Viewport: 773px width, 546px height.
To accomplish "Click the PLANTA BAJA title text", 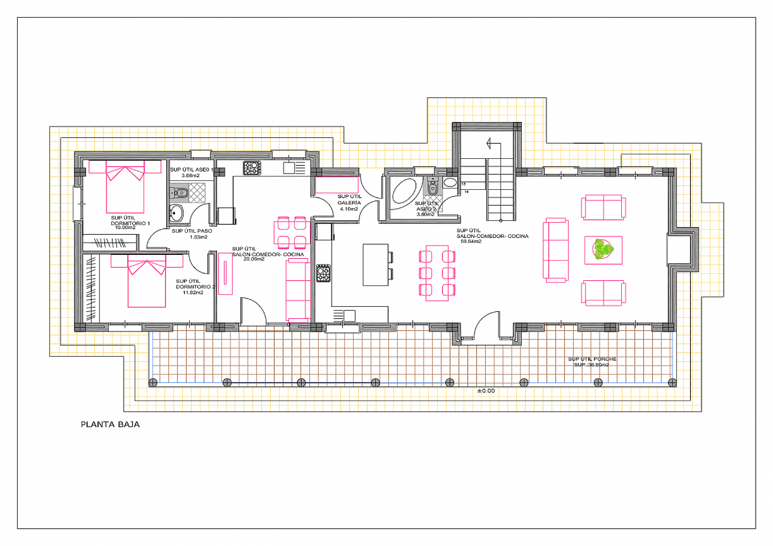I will coord(110,424).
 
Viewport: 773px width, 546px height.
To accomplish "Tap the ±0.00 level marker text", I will coord(486,391).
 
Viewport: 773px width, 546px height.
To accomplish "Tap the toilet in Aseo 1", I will coord(180,193).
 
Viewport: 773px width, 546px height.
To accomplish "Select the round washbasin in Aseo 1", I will coord(176,213).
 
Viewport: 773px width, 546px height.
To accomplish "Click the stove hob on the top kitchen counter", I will coord(252,168).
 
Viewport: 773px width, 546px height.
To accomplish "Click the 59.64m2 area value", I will coord(471,242).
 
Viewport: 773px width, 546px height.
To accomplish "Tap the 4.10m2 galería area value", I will coord(349,209).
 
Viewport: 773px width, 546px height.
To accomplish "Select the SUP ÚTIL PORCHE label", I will coord(592,359).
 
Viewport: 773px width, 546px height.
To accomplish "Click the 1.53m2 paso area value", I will coord(198,237).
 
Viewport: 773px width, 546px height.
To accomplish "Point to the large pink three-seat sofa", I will coord(556,250).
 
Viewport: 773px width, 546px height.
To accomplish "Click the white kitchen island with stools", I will coord(375,265).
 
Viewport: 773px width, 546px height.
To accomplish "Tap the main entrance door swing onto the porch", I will coord(488,324).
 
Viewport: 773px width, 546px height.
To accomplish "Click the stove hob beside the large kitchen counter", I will coord(323,273).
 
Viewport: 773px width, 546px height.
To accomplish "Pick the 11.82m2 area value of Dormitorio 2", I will coord(193,293).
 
